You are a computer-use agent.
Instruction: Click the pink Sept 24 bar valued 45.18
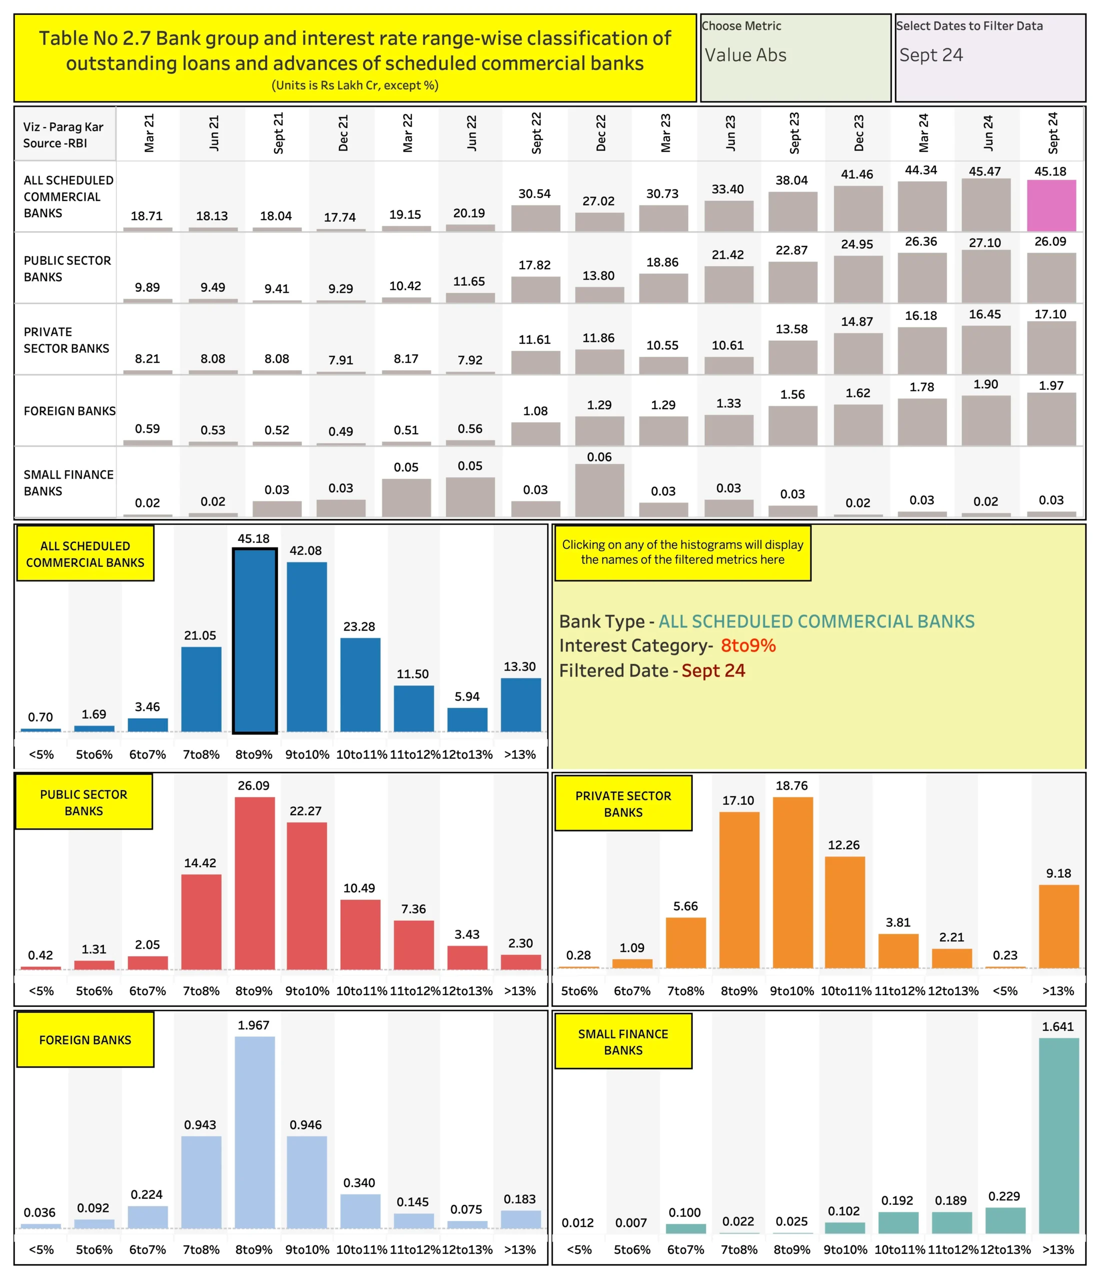1050,205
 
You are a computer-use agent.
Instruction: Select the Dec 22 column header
601,133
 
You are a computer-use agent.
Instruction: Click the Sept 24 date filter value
931,55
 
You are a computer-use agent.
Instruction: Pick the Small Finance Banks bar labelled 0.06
599,490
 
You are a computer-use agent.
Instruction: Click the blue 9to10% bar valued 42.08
307,646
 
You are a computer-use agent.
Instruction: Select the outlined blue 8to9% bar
254,640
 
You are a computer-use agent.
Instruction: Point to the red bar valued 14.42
201,921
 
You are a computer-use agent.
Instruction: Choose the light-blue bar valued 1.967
254,1131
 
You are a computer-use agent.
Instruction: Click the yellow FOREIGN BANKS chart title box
86,1040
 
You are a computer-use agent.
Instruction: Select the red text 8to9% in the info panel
748,646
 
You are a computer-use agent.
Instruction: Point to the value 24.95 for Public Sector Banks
856,244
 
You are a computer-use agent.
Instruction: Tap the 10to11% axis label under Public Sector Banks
361,990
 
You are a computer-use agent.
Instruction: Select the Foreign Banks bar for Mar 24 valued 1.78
921,422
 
